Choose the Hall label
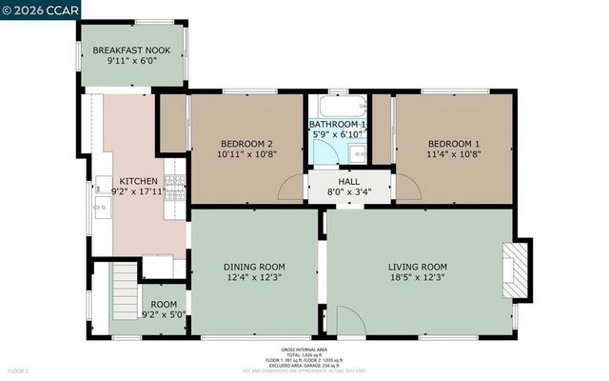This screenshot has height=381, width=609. [x=349, y=180]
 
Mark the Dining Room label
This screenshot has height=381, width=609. [x=254, y=267]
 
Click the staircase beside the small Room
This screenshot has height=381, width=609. [x=125, y=283]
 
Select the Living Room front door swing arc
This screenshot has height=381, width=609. [x=348, y=322]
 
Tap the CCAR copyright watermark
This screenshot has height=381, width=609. [x=41, y=10]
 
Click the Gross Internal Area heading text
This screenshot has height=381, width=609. [x=304, y=350]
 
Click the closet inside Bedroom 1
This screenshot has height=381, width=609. [x=382, y=128]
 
